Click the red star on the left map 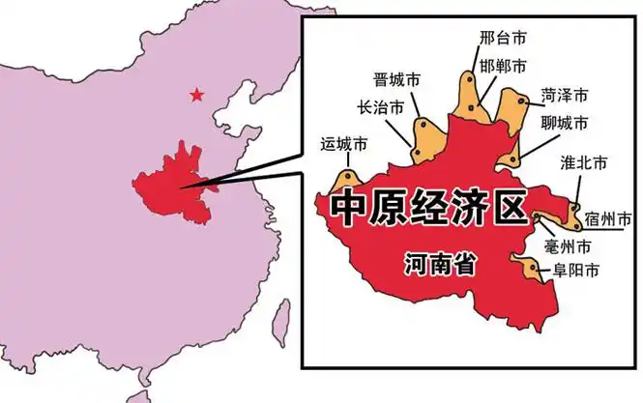pos(197,95)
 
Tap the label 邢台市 pos(503,38)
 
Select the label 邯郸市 pos(503,66)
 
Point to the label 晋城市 pos(397,79)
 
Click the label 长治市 pos(381,107)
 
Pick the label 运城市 pos(343,146)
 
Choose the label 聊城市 pos(564,124)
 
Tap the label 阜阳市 pos(574,271)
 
